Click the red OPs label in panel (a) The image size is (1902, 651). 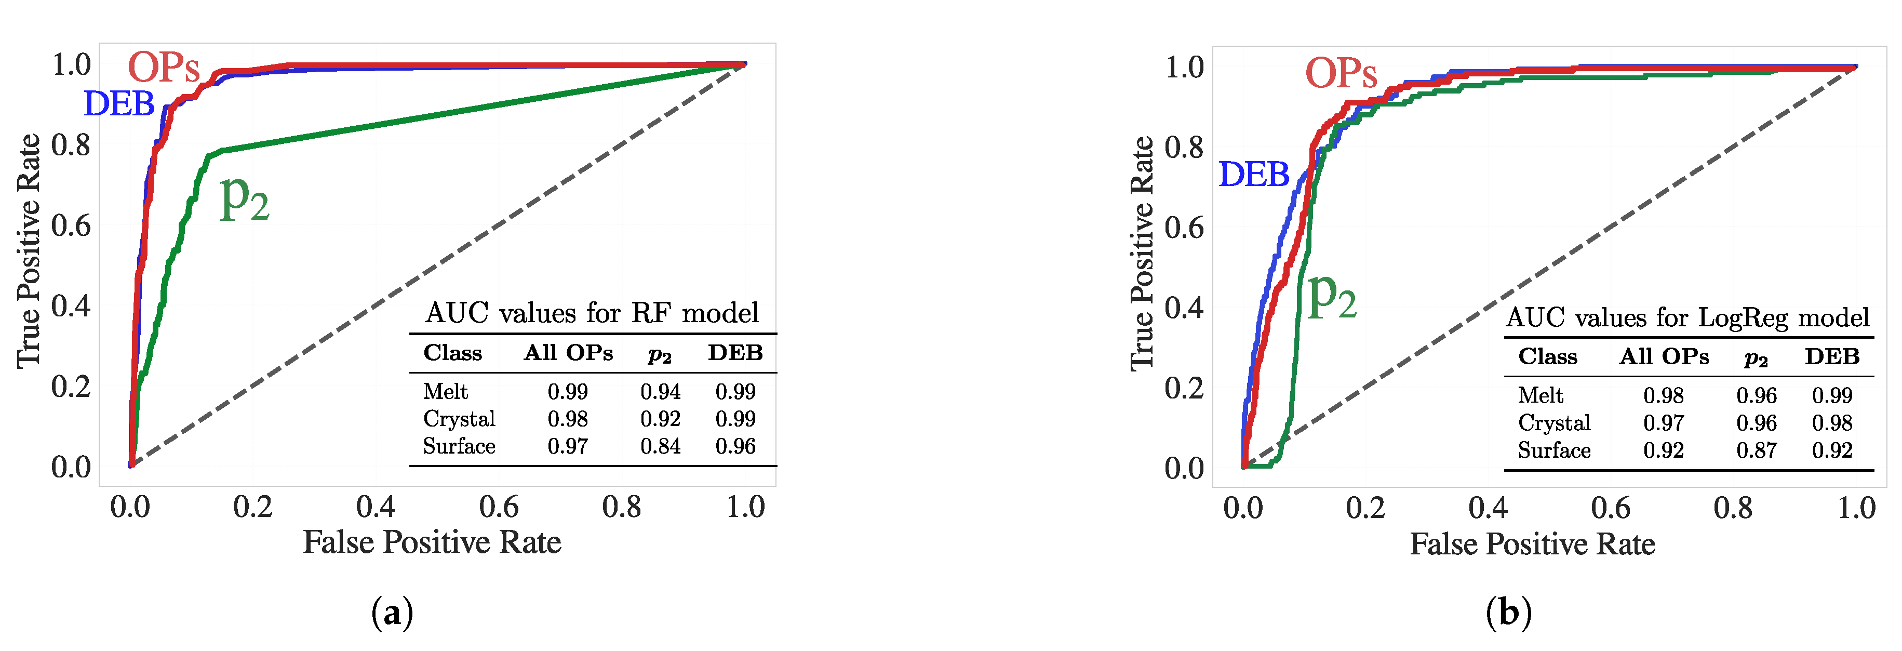point(164,68)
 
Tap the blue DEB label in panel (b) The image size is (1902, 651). point(1253,175)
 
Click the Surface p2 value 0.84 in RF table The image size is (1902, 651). point(660,446)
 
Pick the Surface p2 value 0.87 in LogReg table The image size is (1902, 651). point(1756,450)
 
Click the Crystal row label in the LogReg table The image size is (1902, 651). point(1553,423)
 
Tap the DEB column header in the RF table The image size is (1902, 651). point(734,353)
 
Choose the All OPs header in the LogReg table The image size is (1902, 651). point(1664,357)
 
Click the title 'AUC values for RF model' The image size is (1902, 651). point(592,313)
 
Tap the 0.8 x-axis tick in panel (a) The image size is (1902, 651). point(622,507)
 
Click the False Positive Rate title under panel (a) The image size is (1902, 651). point(432,542)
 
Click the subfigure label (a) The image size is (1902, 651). point(392,613)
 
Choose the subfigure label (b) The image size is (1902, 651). point(1508,613)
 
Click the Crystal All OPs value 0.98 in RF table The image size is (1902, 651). point(567,419)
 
